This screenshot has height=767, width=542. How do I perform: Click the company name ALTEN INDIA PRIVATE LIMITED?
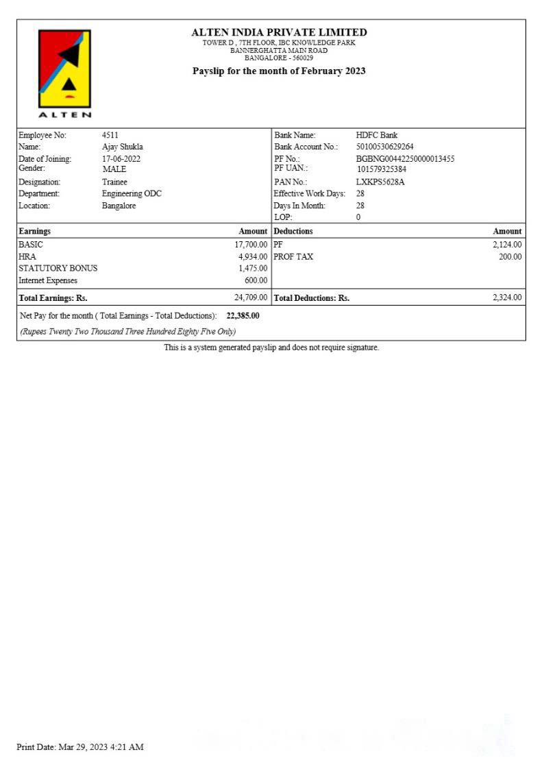pyautogui.click(x=279, y=32)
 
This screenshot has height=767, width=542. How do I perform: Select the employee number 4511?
pyautogui.click(x=110, y=135)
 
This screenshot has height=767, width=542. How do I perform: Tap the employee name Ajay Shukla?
pyautogui.click(x=122, y=147)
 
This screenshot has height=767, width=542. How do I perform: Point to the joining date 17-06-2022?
pyautogui.click(x=121, y=159)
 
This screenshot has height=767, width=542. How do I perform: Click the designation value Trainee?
pyautogui.click(x=114, y=182)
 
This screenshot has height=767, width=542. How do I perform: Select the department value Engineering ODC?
pyautogui.click(x=132, y=194)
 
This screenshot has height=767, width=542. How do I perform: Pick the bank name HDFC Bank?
pyautogui.click(x=376, y=135)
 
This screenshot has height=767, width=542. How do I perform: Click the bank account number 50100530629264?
pyautogui.click(x=384, y=147)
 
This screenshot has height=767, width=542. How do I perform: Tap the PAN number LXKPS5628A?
pyautogui.click(x=380, y=182)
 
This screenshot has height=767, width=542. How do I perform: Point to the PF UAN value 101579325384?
pyautogui.click(x=381, y=169)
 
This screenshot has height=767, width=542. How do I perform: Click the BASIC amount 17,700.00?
pyautogui.click(x=251, y=244)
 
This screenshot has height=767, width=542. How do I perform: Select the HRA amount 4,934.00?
pyautogui.click(x=253, y=256)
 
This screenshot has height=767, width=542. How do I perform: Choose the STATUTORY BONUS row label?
pyautogui.click(x=58, y=268)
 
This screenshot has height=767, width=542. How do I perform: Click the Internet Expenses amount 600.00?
pyautogui.click(x=256, y=280)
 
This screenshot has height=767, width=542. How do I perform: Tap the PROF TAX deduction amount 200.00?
pyautogui.click(x=510, y=256)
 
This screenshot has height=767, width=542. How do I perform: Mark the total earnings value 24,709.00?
pyautogui.click(x=251, y=297)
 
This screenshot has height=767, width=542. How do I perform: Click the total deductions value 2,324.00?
pyautogui.click(x=507, y=297)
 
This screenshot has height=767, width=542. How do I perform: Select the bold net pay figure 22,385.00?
pyautogui.click(x=243, y=316)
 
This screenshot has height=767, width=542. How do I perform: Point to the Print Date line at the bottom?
pyautogui.click(x=80, y=747)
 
